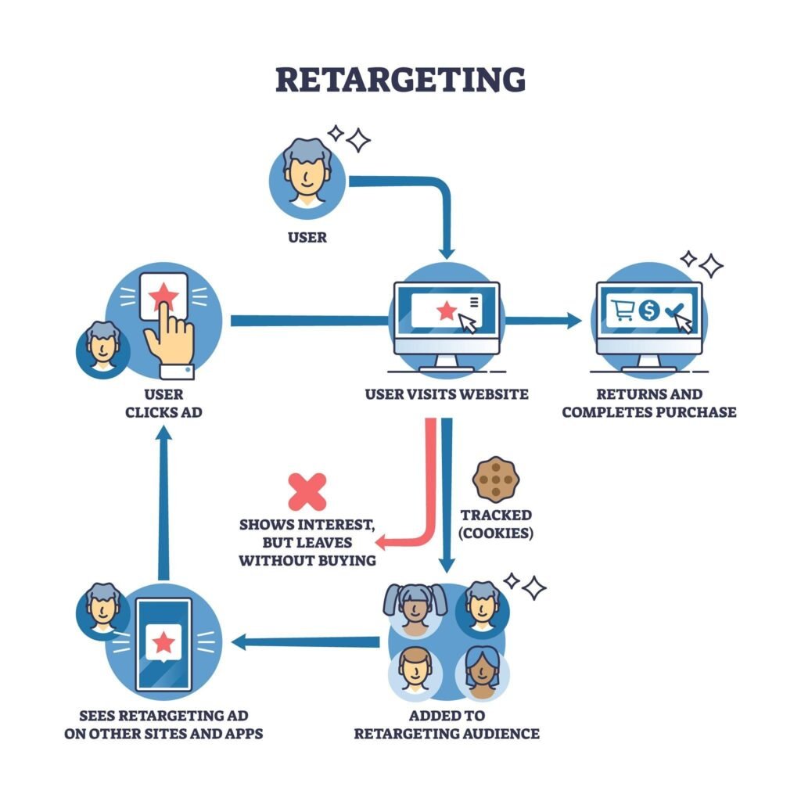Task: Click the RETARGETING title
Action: [400, 80]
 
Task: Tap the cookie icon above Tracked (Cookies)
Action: [495, 480]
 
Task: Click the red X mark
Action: [307, 491]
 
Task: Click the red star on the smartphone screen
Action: [163, 642]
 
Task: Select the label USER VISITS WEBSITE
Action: [447, 394]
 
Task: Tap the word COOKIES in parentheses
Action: [495, 533]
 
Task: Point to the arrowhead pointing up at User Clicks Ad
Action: [163, 433]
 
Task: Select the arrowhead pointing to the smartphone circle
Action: [239, 642]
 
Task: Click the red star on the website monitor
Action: [447, 310]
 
